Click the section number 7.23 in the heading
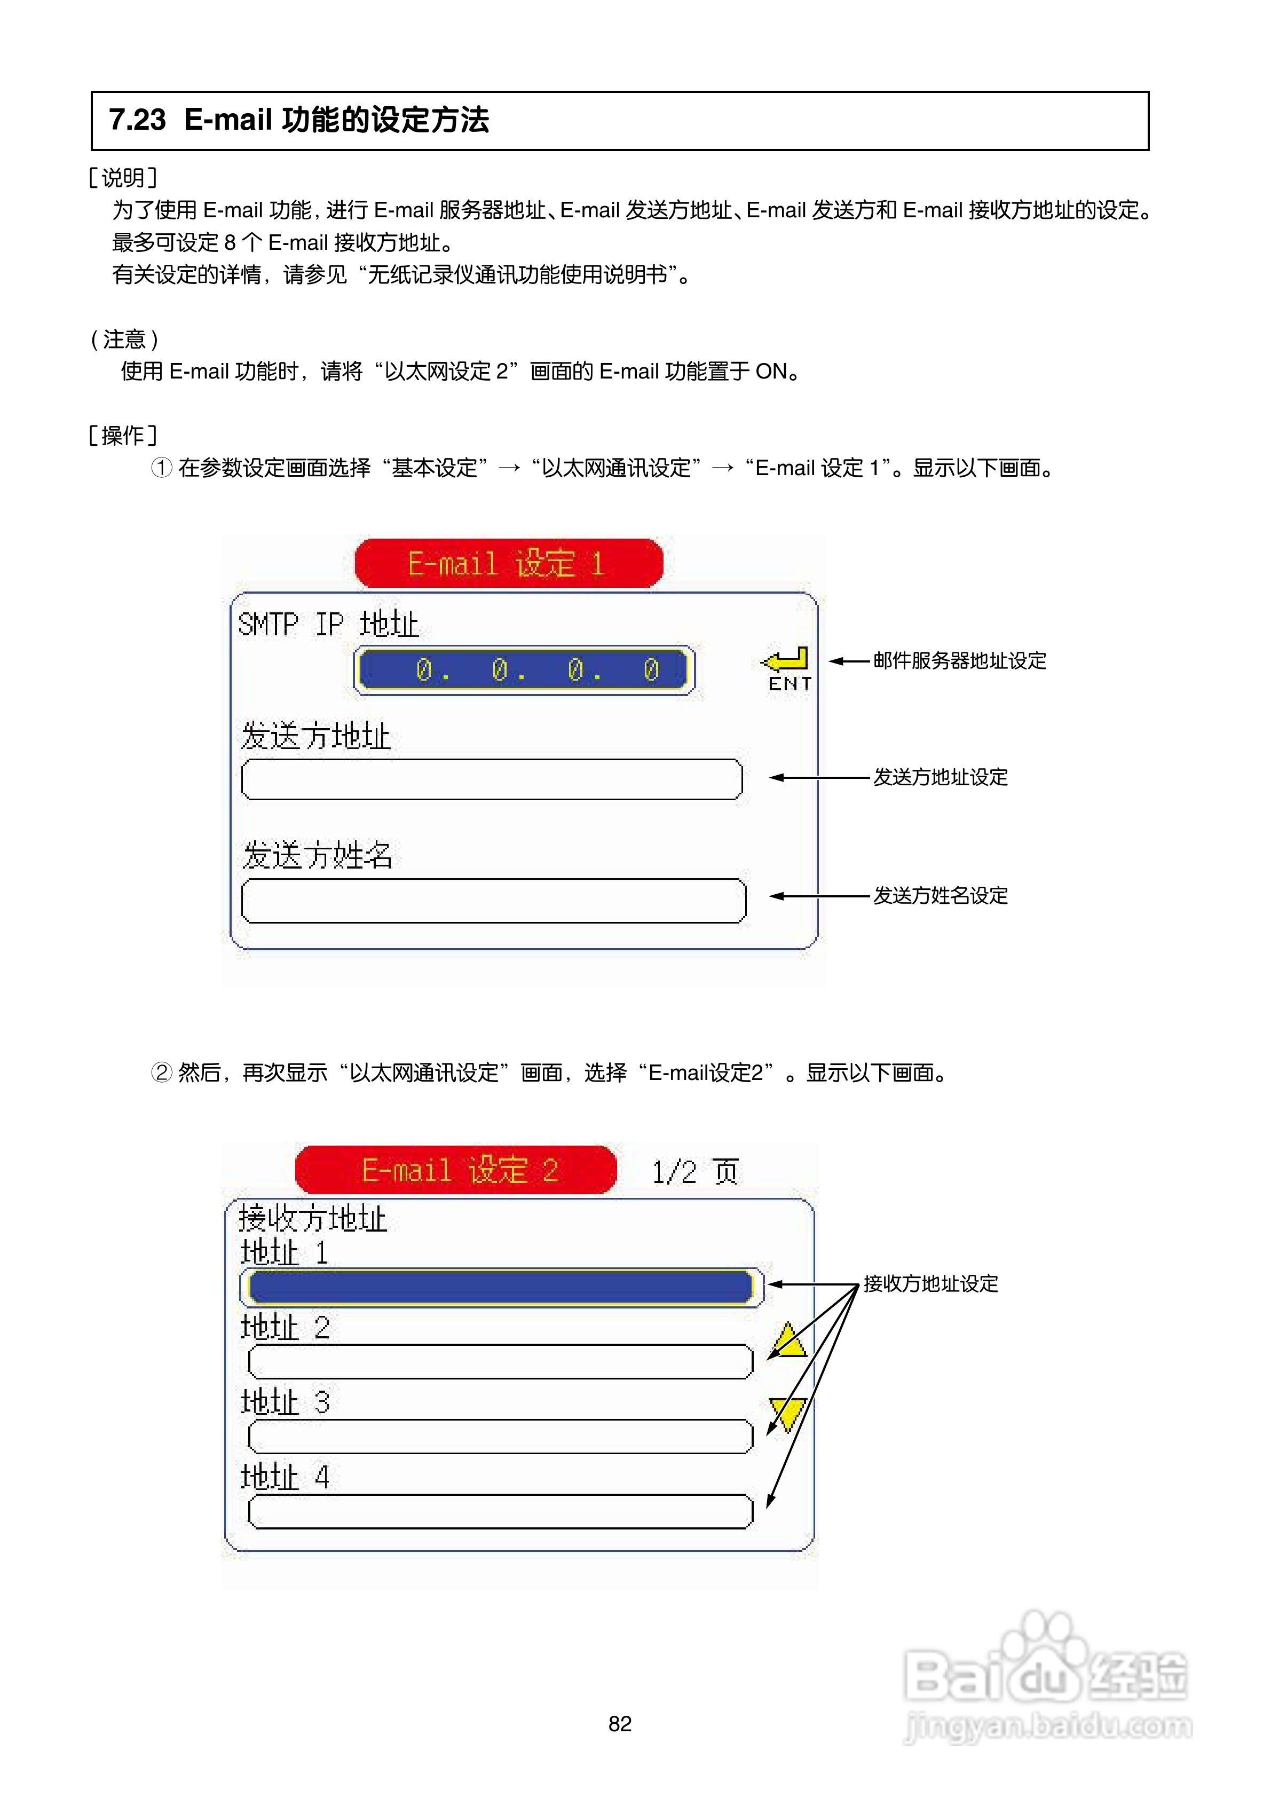click(137, 120)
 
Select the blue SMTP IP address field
click(524, 669)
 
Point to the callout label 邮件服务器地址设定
click(959, 661)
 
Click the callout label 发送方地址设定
click(941, 778)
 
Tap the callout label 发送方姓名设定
click(941, 896)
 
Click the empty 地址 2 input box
click(500, 1362)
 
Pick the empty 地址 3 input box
click(500, 1436)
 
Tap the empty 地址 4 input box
click(500, 1511)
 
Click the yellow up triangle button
click(788, 1342)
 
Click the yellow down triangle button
click(788, 1412)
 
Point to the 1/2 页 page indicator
click(694, 1171)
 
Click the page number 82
click(619, 1724)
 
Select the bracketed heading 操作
click(123, 436)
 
